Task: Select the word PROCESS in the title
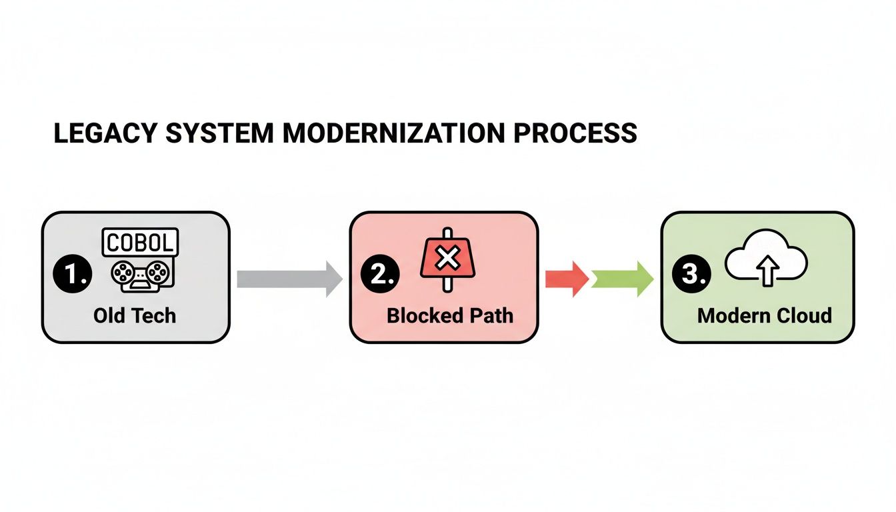tap(575, 133)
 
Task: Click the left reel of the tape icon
tap(121, 273)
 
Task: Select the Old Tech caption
tap(135, 315)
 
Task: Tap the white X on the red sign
tap(447, 258)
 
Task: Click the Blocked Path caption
tap(450, 315)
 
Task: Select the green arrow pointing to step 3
tap(622, 279)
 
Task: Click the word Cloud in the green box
tap(806, 315)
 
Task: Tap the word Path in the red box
tap(491, 315)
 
